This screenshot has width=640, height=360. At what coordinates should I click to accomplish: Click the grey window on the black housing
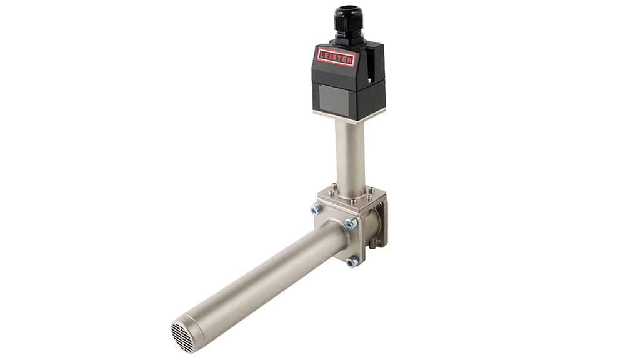334,98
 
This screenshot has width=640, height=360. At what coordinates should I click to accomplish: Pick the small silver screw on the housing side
369,81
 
